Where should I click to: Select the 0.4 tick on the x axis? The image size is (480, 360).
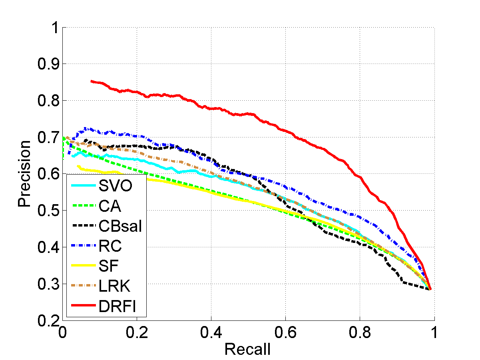[x=211, y=332]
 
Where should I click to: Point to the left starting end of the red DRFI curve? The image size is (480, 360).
[x=92, y=81]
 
